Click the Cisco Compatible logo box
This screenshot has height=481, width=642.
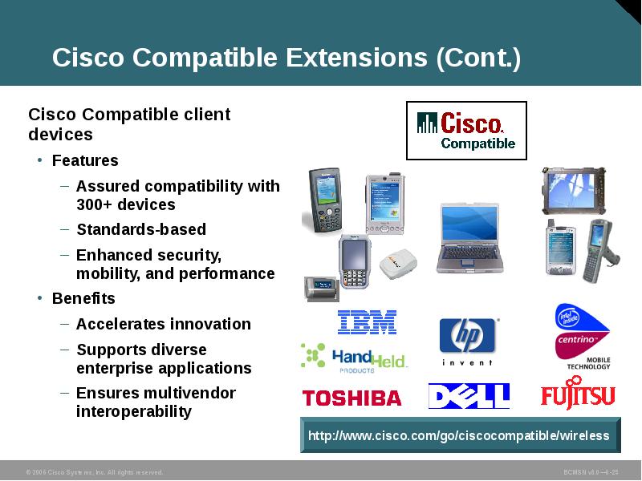(x=466, y=131)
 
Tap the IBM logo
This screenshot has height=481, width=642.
(x=367, y=322)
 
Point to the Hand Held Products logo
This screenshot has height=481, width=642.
(x=354, y=359)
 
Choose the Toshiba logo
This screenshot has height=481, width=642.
(x=351, y=398)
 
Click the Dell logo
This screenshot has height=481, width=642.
(x=469, y=396)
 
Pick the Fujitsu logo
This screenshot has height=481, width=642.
(x=578, y=395)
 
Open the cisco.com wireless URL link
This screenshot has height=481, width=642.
(x=459, y=436)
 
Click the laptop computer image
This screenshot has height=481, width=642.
(x=468, y=238)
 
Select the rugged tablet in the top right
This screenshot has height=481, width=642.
(x=572, y=190)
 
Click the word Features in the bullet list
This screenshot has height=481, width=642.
(x=85, y=160)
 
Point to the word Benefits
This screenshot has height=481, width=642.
(x=83, y=298)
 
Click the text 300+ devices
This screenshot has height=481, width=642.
(x=125, y=204)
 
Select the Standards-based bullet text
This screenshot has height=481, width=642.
(x=141, y=229)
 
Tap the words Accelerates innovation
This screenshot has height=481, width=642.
(x=164, y=324)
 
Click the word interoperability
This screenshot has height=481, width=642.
(x=134, y=412)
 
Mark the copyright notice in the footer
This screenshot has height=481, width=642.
(x=95, y=472)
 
